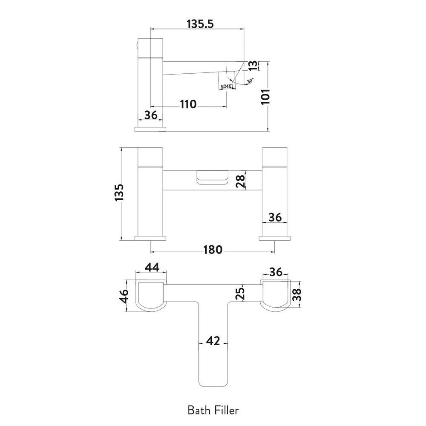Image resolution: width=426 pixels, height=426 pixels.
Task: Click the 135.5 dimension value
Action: tap(200, 24)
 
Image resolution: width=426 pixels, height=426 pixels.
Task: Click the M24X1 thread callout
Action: tap(227, 86)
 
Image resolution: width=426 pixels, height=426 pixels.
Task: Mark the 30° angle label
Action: tap(250, 81)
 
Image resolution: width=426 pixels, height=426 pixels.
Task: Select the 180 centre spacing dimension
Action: tap(213, 250)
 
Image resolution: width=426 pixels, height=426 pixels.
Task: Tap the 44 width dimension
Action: tap(151, 267)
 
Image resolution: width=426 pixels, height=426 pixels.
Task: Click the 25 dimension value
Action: tap(241, 293)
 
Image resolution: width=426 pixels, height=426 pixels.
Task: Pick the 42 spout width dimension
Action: tap(213, 341)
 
